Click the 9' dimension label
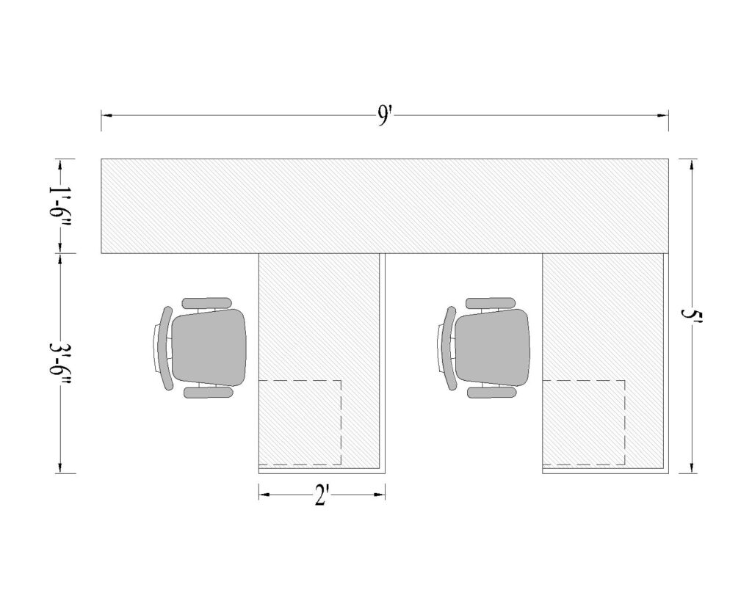tap(384, 116)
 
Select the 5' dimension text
tap(690, 317)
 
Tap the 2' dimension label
tap(321, 496)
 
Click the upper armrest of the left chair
tap(206, 302)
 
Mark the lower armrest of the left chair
tap(208, 393)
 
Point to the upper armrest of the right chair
tap(491, 302)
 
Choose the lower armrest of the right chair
tap(492, 393)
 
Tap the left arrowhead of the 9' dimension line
tap(106, 116)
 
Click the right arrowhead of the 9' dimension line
tap(663, 116)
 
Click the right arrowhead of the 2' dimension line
tap(380, 496)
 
